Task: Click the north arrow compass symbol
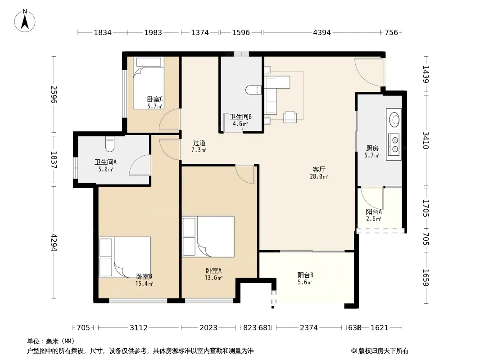(25, 21)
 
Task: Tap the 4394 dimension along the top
(322, 32)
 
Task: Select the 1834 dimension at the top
(103, 32)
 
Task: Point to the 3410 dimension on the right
(426, 140)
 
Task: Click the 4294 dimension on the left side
(54, 243)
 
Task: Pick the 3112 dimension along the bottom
(139, 328)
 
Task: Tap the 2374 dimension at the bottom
(309, 328)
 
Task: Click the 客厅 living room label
(319, 170)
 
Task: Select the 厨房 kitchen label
(372, 148)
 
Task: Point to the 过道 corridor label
(199, 143)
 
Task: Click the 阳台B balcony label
(305, 275)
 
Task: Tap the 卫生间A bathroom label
(105, 162)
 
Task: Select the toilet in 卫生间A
(110, 144)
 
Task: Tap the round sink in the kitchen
(394, 119)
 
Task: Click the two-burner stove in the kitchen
(394, 144)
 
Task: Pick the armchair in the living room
(290, 117)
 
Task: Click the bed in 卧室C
(149, 83)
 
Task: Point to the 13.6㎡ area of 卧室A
(213, 278)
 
